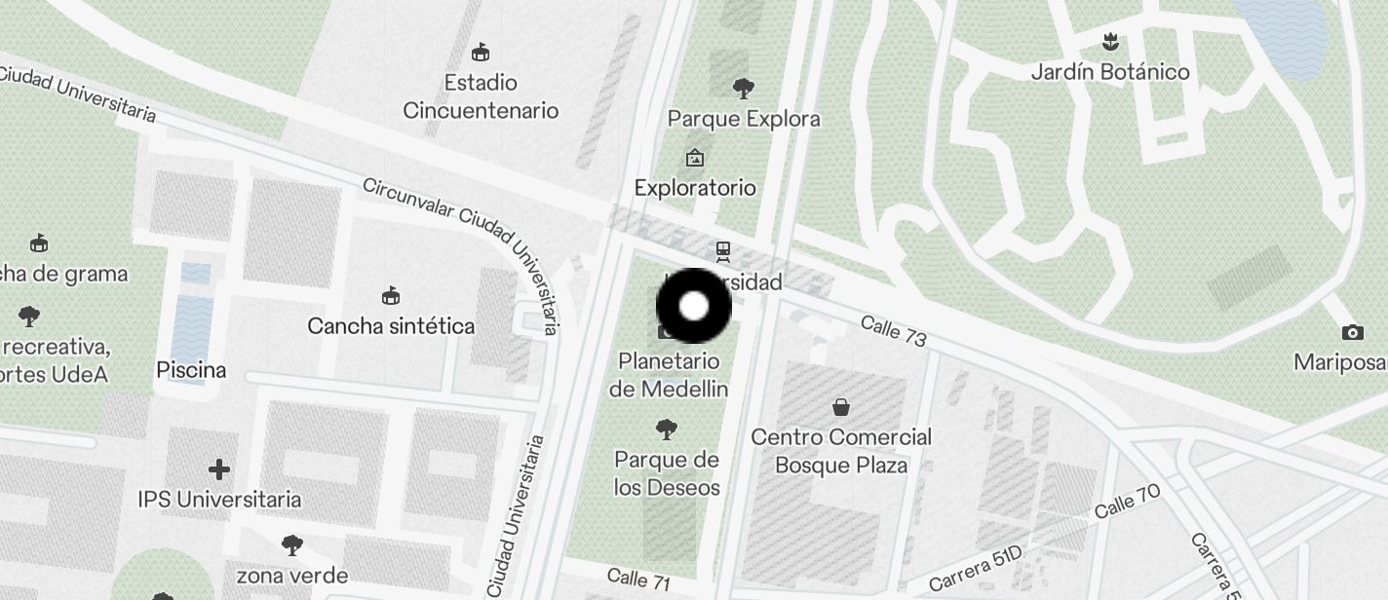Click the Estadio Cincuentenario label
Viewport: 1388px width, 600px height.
(481, 96)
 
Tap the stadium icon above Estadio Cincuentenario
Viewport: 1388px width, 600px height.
(480, 52)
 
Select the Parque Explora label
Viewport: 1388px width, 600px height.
(744, 119)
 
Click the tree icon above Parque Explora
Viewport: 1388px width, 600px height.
(744, 89)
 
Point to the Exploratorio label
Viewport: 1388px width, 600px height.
(695, 187)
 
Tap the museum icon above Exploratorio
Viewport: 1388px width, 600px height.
(695, 157)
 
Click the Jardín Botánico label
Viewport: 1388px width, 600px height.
(1110, 72)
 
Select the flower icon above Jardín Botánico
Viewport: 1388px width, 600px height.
(1109, 42)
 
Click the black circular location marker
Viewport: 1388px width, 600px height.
(693, 306)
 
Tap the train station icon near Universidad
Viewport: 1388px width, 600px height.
(723, 252)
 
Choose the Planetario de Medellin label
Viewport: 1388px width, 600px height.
(669, 375)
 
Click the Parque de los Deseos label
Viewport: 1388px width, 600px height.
(668, 473)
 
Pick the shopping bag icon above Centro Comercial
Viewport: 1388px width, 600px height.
(841, 406)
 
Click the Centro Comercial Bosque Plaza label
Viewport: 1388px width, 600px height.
(841, 451)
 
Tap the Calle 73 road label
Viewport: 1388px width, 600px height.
(893, 331)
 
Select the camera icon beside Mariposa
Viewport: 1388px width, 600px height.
(1352, 332)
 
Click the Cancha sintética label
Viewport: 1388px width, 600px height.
(391, 325)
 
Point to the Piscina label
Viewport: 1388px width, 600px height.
(191, 370)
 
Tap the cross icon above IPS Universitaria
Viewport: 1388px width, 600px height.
(219, 469)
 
